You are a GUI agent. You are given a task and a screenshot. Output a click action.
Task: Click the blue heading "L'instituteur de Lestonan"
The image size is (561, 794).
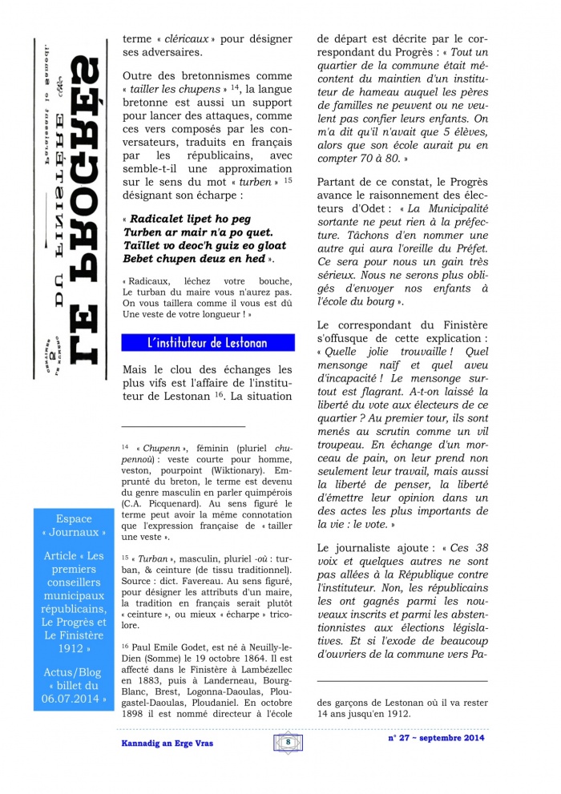(207, 344)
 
